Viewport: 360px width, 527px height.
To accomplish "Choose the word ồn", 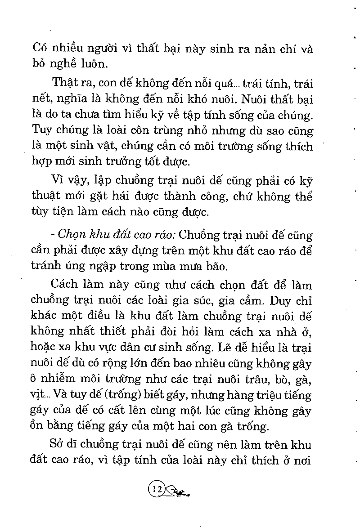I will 40,425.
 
